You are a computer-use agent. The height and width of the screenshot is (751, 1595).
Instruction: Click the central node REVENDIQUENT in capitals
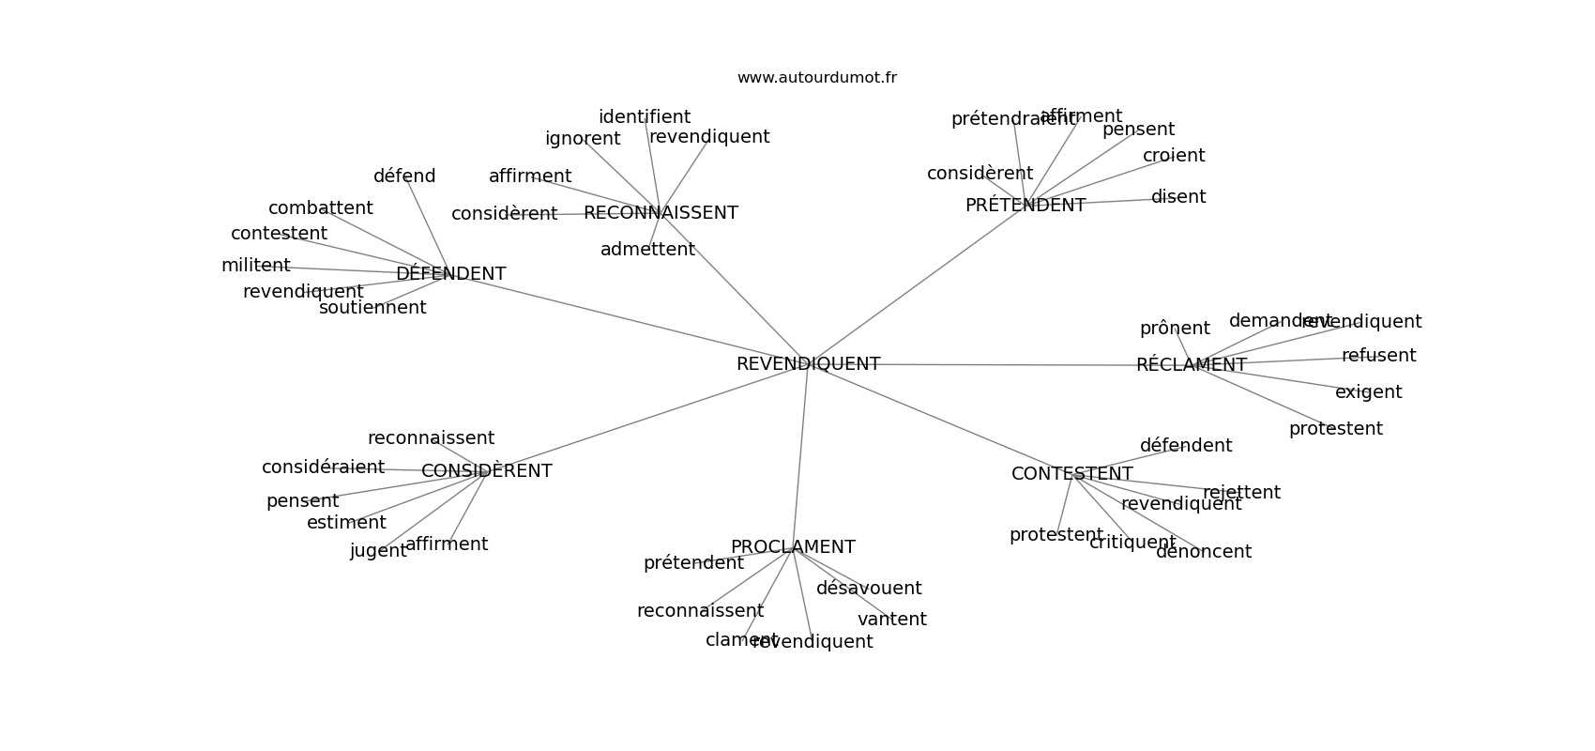(808, 364)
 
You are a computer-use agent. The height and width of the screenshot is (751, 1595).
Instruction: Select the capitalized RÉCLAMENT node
(1191, 365)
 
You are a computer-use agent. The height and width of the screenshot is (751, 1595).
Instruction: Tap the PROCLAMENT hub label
(793, 547)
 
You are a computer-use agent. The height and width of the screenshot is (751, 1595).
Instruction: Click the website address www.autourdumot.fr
(816, 78)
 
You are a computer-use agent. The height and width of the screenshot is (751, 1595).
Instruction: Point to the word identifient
(645, 117)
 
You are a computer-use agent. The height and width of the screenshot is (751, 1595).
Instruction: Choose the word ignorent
(583, 139)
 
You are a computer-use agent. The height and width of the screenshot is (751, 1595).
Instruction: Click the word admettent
(647, 250)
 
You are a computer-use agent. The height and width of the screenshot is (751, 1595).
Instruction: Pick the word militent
(255, 266)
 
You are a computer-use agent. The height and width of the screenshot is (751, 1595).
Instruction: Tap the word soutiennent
(372, 308)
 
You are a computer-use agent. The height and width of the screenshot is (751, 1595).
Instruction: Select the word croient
(1174, 156)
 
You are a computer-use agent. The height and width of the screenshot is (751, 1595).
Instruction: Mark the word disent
(1178, 197)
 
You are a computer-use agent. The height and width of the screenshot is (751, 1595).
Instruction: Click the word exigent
(1368, 392)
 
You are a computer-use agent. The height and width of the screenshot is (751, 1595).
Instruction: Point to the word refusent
(1378, 356)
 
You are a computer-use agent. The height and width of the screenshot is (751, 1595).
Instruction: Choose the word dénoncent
(1203, 552)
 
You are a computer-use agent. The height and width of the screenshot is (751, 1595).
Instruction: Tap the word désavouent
(869, 589)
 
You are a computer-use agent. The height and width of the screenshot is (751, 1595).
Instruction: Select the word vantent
(891, 620)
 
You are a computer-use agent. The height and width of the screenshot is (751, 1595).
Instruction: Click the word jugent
(378, 551)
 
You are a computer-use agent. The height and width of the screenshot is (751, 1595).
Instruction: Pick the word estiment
(346, 523)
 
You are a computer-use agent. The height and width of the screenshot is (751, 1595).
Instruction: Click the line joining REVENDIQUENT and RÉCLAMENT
(1004, 365)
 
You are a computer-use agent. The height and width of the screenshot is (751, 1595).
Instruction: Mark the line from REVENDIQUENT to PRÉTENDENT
(919, 283)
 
